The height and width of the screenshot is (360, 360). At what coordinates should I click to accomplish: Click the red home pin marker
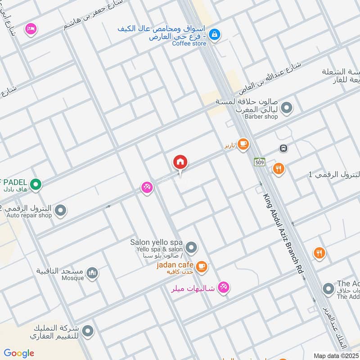tap(180, 162)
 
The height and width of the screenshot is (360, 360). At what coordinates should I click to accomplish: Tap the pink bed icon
tap(31, 28)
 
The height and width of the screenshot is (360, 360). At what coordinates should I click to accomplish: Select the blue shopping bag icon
tap(215, 34)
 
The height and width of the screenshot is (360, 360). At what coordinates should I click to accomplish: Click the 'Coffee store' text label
tap(189, 43)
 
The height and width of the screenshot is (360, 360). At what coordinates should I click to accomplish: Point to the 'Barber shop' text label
tap(261, 117)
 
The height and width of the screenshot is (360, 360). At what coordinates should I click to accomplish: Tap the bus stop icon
tap(283, 148)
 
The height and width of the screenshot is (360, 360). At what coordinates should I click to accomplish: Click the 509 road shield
tap(259, 162)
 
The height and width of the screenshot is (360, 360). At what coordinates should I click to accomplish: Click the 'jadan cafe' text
tap(175, 265)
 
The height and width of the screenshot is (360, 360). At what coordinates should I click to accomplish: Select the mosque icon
tap(92, 273)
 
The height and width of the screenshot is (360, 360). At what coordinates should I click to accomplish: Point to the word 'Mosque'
tap(72, 278)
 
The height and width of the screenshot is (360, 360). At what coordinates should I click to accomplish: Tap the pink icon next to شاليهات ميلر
tap(223, 287)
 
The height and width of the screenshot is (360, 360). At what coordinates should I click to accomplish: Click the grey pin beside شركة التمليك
tap(88, 331)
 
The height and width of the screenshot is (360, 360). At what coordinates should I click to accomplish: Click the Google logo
tap(19, 353)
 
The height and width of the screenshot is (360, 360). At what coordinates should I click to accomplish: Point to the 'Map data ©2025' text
tap(336, 355)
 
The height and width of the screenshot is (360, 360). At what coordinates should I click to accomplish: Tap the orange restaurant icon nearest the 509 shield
tap(279, 169)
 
